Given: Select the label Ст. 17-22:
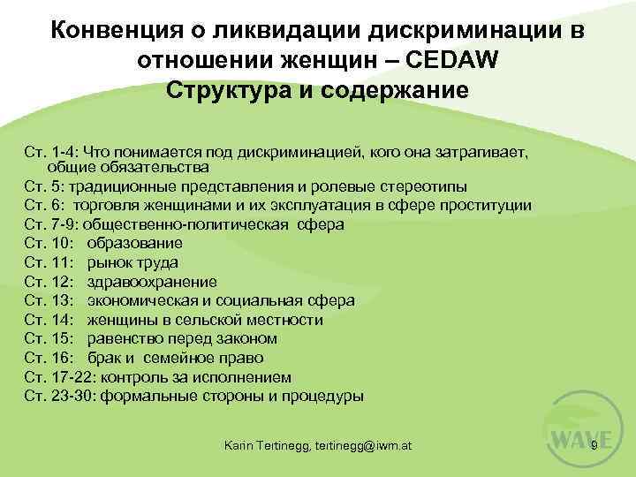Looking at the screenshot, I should tap(60, 377).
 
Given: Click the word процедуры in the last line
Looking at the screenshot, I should tap(321, 397).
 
